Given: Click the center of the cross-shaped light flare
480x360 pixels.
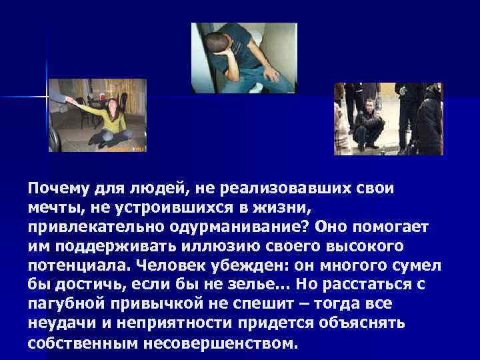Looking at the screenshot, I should coord(47,96).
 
